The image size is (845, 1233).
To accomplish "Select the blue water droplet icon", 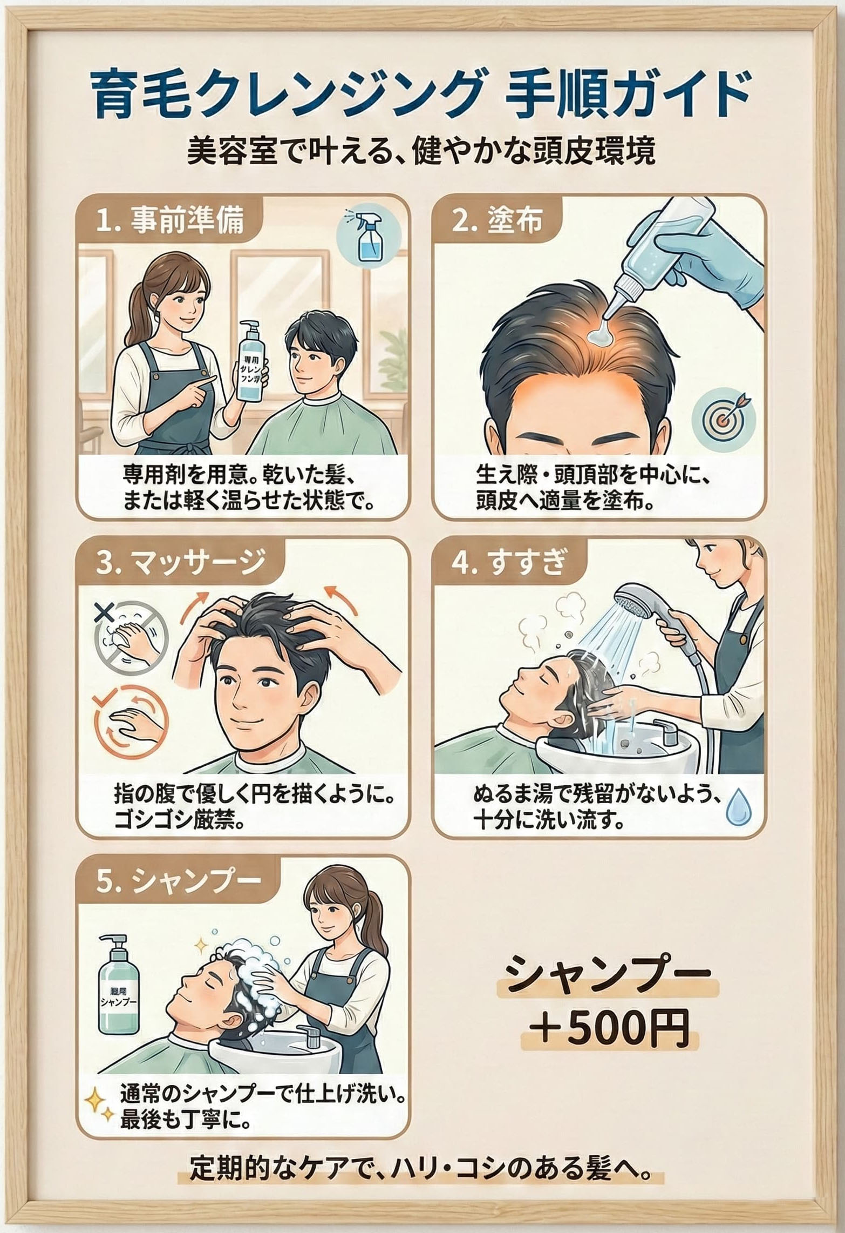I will [736, 807].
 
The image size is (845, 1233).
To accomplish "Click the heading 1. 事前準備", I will [171, 221].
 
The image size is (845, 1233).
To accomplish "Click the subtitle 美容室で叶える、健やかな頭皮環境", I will [421, 153].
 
